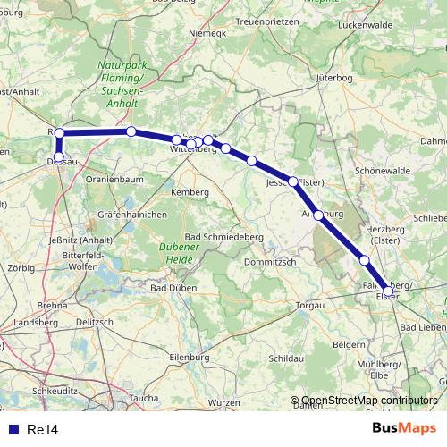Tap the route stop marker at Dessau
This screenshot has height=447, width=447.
pyautogui.click(x=59, y=158)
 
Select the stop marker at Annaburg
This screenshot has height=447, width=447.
pyautogui.click(x=318, y=215)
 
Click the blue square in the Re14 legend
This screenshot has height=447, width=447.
pyautogui.click(x=13, y=430)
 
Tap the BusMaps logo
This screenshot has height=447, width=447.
pyautogui.click(x=404, y=428)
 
